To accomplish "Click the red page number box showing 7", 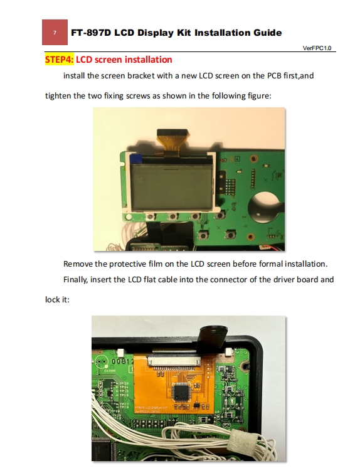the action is [x=55, y=32].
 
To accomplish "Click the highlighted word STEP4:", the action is [x=59, y=60].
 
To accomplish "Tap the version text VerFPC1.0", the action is [x=317, y=48].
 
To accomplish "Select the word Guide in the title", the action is [x=267, y=33].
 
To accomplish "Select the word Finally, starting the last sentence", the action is [x=75, y=280].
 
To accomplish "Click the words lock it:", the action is [x=57, y=299].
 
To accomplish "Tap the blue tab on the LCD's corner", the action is [x=136, y=159].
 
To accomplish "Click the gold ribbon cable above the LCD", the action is [x=172, y=142].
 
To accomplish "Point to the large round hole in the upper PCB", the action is [x=265, y=206].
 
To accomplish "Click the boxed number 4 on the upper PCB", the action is [x=237, y=159].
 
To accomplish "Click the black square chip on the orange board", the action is [x=181, y=391].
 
